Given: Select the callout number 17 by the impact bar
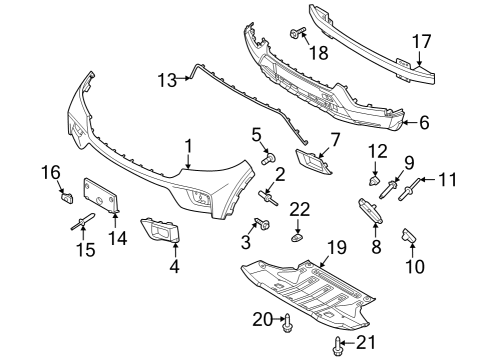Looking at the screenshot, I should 422,43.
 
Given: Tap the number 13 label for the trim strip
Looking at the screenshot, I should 165,78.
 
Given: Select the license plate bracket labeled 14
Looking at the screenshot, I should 102,195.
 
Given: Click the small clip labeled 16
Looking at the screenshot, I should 67,195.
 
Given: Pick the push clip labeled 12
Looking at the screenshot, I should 373,183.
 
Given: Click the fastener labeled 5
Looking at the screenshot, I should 268,157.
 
